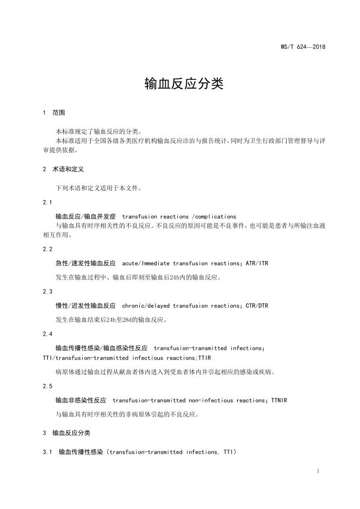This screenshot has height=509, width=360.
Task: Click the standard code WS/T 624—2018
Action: click(x=303, y=47)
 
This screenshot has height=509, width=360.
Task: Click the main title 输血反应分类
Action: click(x=184, y=84)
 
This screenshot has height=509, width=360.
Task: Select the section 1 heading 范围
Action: click(x=59, y=113)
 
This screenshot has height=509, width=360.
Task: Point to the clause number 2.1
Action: click(x=47, y=202)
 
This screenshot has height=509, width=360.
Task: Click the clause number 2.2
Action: click(x=47, y=249)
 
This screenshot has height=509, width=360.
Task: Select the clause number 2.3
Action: click(x=47, y=291)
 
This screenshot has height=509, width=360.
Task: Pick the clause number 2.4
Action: click(x=47, y=333)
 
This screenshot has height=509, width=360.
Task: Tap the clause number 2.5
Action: click(x=47, y=386)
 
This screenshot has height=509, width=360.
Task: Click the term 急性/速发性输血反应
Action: click(x=86, y=263)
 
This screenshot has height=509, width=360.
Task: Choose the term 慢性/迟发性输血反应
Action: click(x=86, y=306)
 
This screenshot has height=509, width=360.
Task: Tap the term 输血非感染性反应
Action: click(x=81, y=400)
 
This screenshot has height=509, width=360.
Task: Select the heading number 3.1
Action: click(x=47, y=452)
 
